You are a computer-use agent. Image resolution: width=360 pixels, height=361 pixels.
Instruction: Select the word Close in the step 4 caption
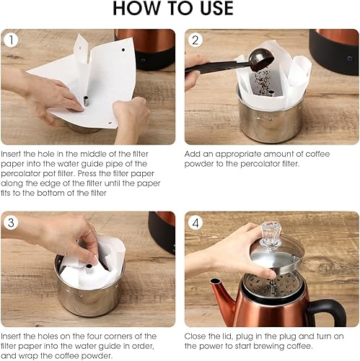[199, 336]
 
